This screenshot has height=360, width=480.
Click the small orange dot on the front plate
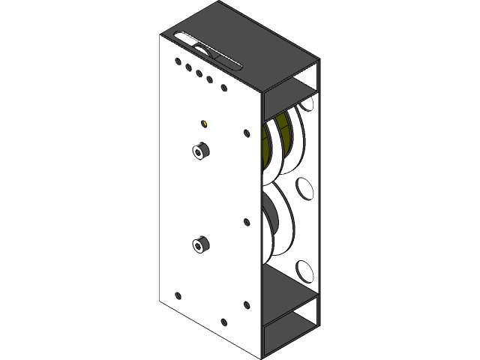(204, 123)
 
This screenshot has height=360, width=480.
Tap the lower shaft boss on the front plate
(200, 244)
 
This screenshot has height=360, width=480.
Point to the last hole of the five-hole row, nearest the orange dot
(223, 88)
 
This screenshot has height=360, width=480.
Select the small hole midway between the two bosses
(247, 222)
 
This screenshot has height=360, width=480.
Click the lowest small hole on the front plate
(223, 322)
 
